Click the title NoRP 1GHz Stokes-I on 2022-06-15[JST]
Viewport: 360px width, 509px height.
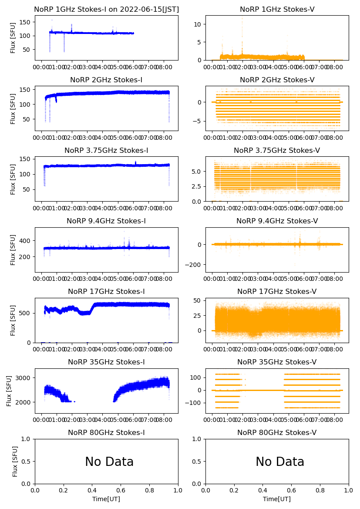pyautogui.click(x=106, y=9)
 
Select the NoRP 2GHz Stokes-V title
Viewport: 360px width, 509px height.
pyautogui.click(x=277, y=80)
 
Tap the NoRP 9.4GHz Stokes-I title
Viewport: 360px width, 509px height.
pyautogui.click(x=106, y=221)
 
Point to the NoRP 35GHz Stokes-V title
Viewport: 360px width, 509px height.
pyautogui.click(x=277, y=362)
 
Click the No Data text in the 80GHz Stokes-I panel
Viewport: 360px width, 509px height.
pyautogui.click(x=109, y=462)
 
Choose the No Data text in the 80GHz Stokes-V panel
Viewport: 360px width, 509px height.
pyautogui.click(x=279, y=462)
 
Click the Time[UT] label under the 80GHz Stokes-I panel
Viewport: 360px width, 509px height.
pyautogui.click(x=106, y=499)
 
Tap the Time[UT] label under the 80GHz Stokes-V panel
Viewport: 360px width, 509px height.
pyautogui.click(x=277, y=499)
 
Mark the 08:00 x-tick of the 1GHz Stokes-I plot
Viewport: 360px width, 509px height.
pyautogui.click(x=164, y=67)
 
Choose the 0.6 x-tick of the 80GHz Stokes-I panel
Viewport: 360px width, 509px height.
pyautogui.click(x=121, y=491)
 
